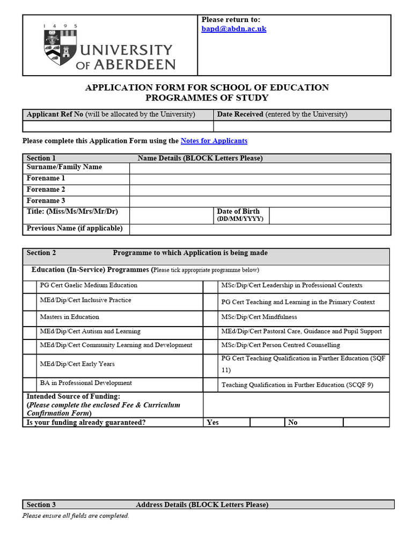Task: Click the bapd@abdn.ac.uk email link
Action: click(x=233, y=29)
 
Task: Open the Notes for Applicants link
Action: click(x=214, y=141)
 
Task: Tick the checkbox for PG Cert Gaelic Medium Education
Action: click(x=30, y=286)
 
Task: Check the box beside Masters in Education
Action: click(x=30, y=317)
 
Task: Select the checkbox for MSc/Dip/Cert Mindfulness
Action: click(x=210, y=317)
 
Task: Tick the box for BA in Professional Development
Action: click(x=30, y=384)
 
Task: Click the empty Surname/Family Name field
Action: click(x=260, y=168)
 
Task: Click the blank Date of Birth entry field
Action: click(x=329, y=215)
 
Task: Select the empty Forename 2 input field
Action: click(x=260, y=190)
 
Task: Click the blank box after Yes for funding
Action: click(x=267, y=422)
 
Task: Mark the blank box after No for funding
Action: click(x=366, y=422)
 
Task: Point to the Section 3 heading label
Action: click(x=41, y=504)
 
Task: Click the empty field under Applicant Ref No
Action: click(x=118, y=126)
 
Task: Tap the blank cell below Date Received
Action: click(x=302, y=126)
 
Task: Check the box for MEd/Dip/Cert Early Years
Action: click(x=30, y=365)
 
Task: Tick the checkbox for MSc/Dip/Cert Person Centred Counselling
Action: click(x=210, y=345)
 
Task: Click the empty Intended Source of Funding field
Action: click(x=296, y=405)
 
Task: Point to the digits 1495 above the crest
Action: click(x=60, y=26)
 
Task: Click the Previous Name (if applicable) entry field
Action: click(x=260, y=229)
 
